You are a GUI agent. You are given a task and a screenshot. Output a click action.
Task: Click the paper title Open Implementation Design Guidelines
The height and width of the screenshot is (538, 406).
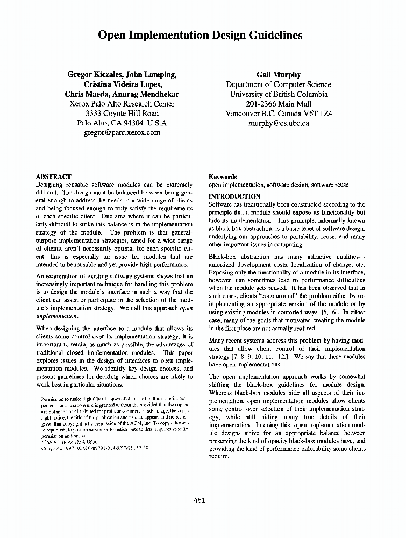tap(200, 36)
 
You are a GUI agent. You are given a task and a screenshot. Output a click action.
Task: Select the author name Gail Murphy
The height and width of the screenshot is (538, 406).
tap(278, 75)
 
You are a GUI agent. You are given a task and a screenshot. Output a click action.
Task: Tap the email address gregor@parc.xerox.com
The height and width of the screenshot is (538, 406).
tap(122, 133)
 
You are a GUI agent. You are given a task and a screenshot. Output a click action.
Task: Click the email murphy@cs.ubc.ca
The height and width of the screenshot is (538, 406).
tap(278, 123)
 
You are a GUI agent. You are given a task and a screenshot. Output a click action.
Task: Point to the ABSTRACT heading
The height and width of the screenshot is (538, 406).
tap(53, 176)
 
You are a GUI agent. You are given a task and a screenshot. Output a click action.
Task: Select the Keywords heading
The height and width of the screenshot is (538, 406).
tap(222, 176)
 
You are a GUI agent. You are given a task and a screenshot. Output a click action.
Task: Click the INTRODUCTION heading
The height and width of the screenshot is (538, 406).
tap(234, 196)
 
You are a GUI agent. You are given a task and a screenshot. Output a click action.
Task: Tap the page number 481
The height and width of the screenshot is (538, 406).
tap(200, 500)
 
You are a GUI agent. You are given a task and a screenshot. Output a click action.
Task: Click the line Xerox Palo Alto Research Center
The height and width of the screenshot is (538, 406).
tap(122, 104)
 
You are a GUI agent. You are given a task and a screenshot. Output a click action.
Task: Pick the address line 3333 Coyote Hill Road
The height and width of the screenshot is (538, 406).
tap(122, 114)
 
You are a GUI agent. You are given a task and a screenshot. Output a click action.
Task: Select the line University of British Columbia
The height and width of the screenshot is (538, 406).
tap(278, 94)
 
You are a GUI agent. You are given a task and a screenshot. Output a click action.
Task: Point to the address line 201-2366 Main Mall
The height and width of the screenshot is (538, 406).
tap(278, 104)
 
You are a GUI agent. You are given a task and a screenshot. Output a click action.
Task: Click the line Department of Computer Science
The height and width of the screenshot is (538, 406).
tap(278, 84)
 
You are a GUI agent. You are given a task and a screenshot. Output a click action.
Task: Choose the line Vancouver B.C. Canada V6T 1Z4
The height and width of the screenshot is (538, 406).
tap(278, 114)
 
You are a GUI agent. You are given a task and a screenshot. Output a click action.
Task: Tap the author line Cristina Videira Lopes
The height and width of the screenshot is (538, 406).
tap(122, 84)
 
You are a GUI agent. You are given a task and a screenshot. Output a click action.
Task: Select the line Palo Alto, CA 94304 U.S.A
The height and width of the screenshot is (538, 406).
tap(122, 123)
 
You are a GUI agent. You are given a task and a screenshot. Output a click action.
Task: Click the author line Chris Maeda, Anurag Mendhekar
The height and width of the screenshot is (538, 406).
tap(122, 94)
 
